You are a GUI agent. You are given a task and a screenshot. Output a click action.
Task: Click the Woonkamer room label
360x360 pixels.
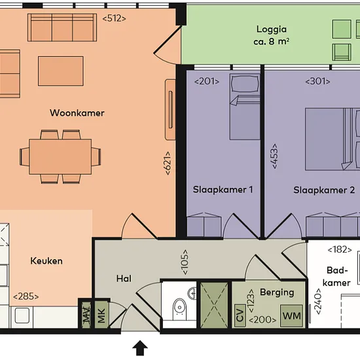pos(77,113)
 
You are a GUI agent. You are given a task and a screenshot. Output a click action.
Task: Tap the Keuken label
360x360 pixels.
pos(46,261)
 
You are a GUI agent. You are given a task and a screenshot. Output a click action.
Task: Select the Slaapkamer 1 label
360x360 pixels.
pos(223,190)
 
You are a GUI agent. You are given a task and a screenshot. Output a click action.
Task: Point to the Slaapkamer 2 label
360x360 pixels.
pos(324,190)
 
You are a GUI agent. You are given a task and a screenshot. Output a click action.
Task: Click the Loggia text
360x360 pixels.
pos(272,29)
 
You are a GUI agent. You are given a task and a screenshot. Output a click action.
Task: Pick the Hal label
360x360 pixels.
pos(124,279)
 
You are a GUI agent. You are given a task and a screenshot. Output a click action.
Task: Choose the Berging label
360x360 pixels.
pos(277,293)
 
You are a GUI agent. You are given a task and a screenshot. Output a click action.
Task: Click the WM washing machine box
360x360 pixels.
pos(291,315)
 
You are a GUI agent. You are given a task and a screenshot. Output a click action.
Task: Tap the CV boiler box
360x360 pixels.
pos(240,315)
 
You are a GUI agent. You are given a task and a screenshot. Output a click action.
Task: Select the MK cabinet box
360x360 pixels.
pos(101,314)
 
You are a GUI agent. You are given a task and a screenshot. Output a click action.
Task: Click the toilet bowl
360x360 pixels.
pos(179,306)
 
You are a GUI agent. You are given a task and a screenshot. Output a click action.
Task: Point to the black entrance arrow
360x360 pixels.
pos(140,348)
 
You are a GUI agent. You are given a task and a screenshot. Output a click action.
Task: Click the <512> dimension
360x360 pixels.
pos(114,18)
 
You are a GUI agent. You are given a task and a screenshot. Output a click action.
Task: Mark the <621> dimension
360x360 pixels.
pos(168,163)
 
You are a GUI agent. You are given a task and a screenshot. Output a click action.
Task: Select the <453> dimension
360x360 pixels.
pos(274,156)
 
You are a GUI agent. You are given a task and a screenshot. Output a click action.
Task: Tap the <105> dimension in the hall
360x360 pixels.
pos(185,262)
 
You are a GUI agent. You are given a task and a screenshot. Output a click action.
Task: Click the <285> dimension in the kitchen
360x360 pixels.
pos(26,297)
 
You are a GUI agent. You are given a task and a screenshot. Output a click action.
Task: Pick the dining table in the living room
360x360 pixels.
pos(60,156)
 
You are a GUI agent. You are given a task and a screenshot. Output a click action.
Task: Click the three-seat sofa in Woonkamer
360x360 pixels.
pos(62,27)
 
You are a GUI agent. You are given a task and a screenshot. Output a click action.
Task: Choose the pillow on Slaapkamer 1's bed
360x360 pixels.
pos(245,84)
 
